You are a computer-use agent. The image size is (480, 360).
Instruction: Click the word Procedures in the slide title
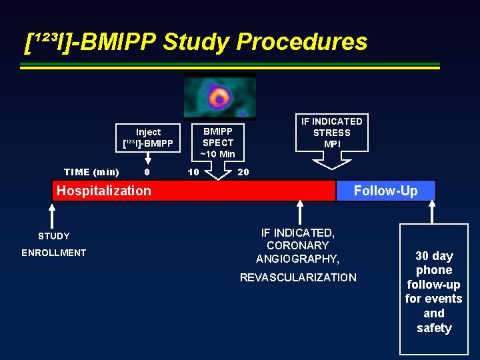click(301, 42)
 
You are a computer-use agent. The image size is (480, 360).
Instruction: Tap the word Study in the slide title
click(196, 42)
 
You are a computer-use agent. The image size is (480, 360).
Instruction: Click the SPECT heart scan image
click(219, 97)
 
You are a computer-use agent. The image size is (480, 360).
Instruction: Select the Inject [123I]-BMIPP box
click(148, 137)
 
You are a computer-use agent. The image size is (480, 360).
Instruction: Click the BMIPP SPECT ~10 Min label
click(218, 143)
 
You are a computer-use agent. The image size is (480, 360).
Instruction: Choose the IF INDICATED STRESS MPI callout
click(331, 132)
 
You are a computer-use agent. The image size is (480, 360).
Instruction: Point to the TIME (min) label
click(91, 172)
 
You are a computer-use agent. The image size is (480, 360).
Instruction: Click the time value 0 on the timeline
click(147, 172)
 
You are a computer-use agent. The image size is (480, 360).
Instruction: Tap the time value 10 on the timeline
click(193, 172)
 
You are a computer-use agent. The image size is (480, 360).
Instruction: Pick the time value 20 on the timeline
click(243, 172)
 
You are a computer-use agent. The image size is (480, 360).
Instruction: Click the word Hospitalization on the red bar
click(104, 191)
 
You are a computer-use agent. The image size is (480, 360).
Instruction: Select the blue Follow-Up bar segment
click(385, 191)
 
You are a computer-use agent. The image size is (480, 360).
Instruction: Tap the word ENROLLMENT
click(54, 253)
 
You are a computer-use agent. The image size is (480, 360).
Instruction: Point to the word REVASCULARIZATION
click(298, 277)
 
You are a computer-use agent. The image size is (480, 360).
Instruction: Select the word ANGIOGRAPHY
click(298, 259)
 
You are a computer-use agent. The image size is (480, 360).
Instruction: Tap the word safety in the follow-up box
click(434, 328)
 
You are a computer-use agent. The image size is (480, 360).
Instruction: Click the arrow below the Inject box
click(148, 159)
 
